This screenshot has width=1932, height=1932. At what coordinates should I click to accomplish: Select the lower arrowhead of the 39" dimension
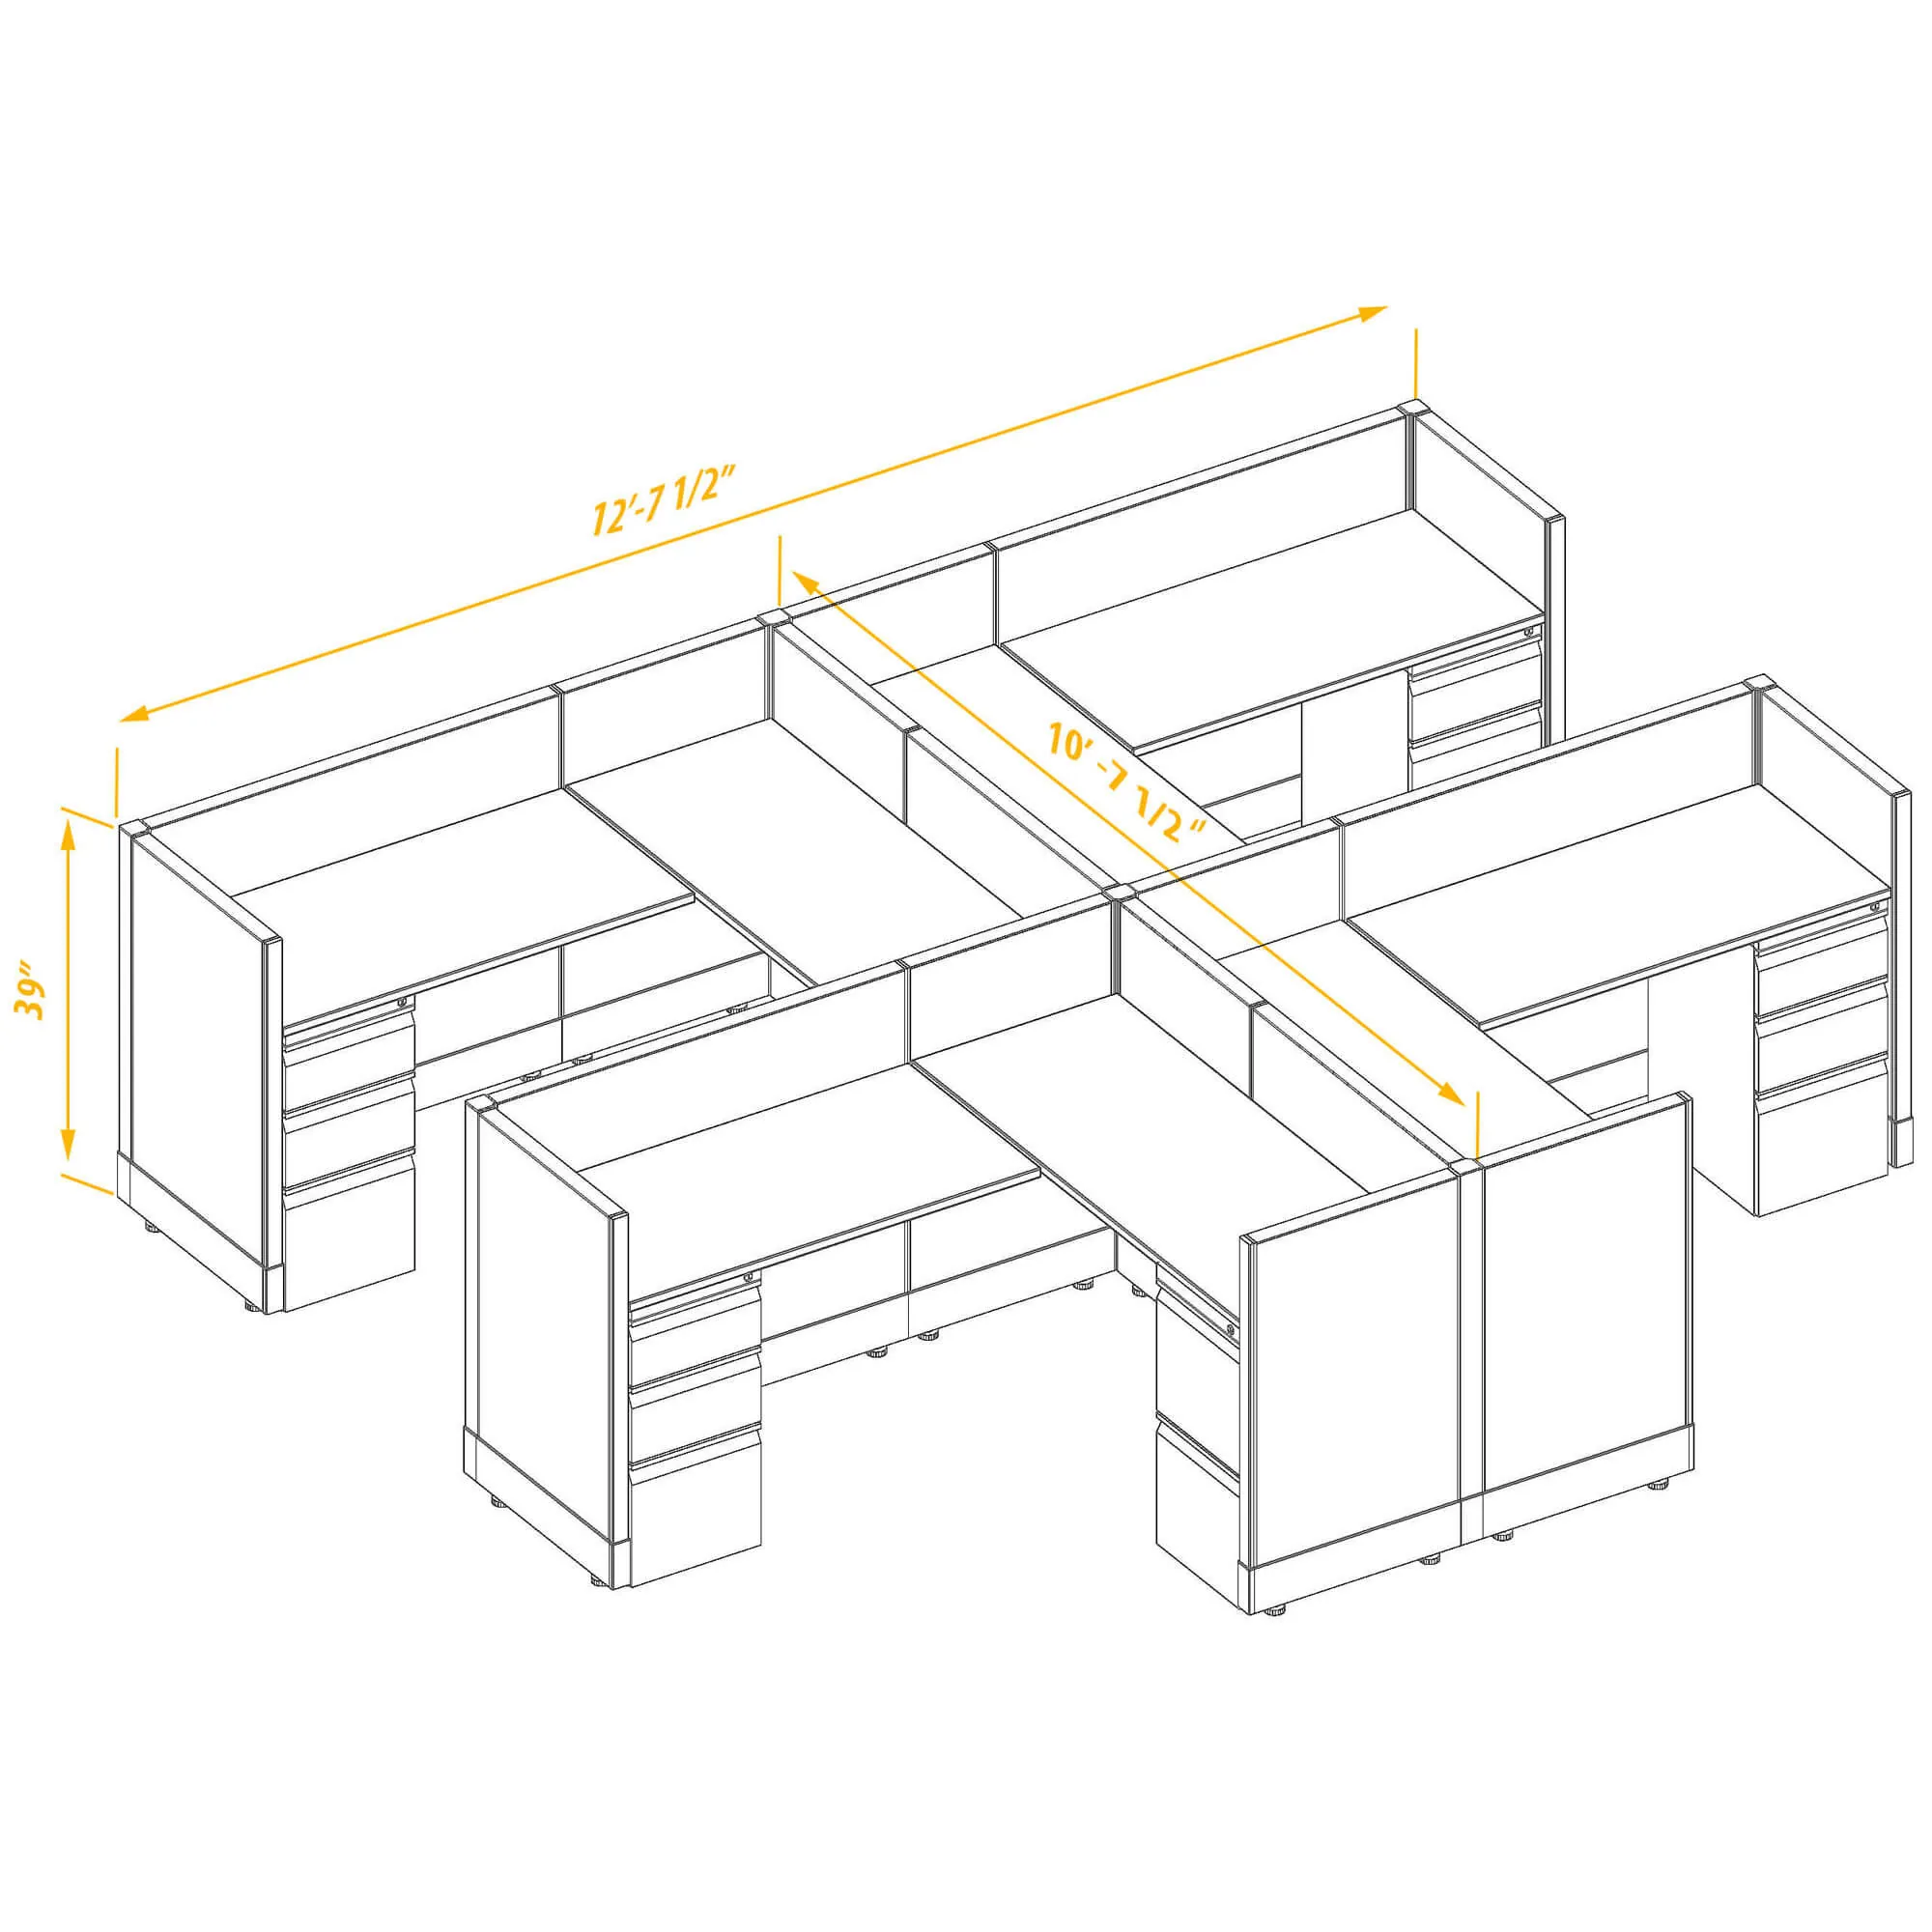point(68,1141)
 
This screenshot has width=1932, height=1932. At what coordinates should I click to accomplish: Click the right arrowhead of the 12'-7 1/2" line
point(1372,313)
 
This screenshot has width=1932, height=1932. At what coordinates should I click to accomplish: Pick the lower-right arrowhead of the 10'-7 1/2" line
point(1452,1092)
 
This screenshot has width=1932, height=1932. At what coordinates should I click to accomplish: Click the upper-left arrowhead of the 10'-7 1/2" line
point(805,580)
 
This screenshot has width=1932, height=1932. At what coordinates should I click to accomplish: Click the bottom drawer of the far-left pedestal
point(349,1232)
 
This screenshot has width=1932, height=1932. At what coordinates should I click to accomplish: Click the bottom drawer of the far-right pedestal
point(1821,1134)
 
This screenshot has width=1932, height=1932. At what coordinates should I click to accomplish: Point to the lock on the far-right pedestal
point(1875,906)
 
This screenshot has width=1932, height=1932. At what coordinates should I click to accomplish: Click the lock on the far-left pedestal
point(403,1001)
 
